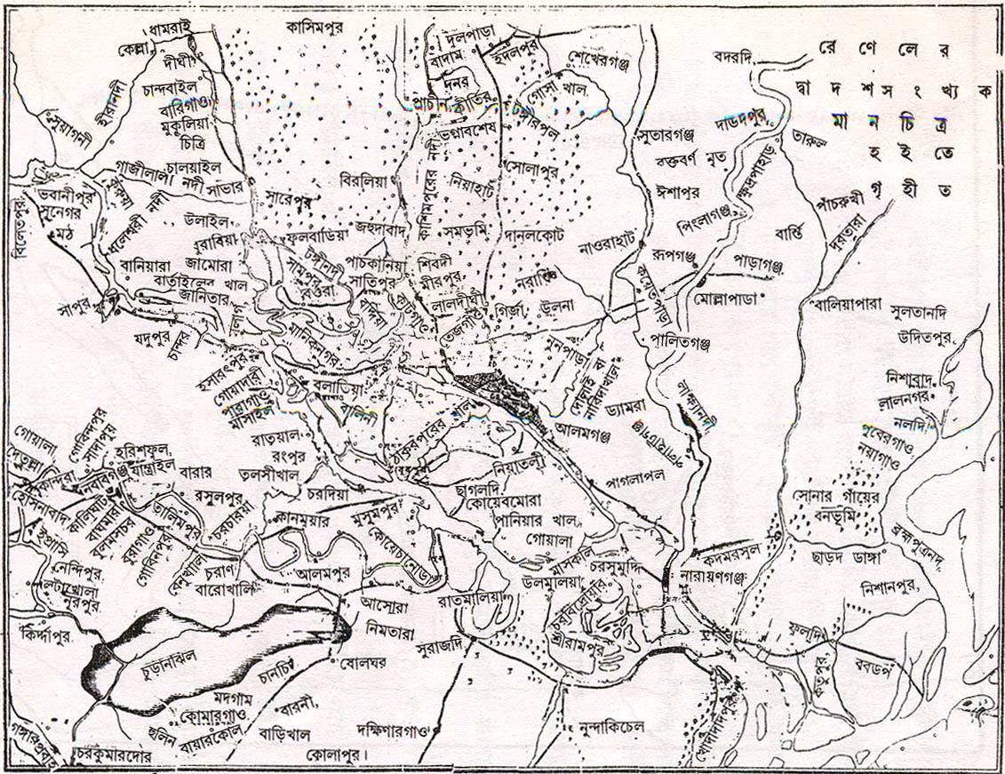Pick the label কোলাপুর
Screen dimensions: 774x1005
coord(336,754)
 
